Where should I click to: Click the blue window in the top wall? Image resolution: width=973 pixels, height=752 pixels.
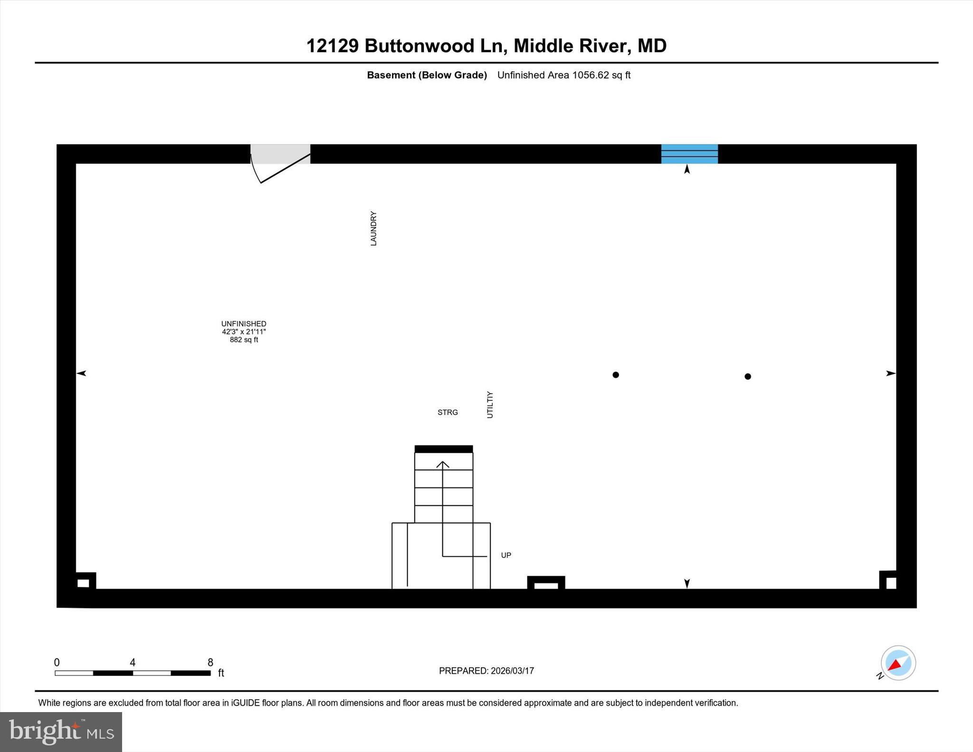tap(689, 154)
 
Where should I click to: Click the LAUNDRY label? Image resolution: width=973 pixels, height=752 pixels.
tap(373, 228)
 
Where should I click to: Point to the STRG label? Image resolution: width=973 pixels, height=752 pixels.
tap(448, 412)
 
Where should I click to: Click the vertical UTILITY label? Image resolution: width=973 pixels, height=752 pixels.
tap(490, 405)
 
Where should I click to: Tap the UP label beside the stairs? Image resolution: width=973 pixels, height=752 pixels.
tap(506, 555)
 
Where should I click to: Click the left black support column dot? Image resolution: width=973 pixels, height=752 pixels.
tap(616, 375)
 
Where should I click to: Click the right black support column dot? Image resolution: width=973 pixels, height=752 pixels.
tap(748, 376)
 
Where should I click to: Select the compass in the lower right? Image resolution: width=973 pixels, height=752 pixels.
tap(898, 663)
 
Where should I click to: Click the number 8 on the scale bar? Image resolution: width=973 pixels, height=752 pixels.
tap(210, 662)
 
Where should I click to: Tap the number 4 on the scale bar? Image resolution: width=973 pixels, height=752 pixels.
tap(133, 662)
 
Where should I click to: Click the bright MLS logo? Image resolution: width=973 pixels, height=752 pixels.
tap(61, 732)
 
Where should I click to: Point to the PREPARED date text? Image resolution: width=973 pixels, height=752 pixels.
tap(486, 671)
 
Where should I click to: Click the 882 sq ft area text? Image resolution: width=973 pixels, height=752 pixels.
tap(244, 340)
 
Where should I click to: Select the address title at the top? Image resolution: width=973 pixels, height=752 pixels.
tap(486, 46)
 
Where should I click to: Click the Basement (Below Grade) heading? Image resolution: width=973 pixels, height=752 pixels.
tap(427, 75)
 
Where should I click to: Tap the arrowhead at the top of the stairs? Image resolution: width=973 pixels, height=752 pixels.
tap(443, 464)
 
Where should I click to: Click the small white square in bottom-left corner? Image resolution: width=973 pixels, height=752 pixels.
tap(83, 583)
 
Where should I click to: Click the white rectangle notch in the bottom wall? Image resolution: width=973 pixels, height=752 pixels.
tap(546, 586)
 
